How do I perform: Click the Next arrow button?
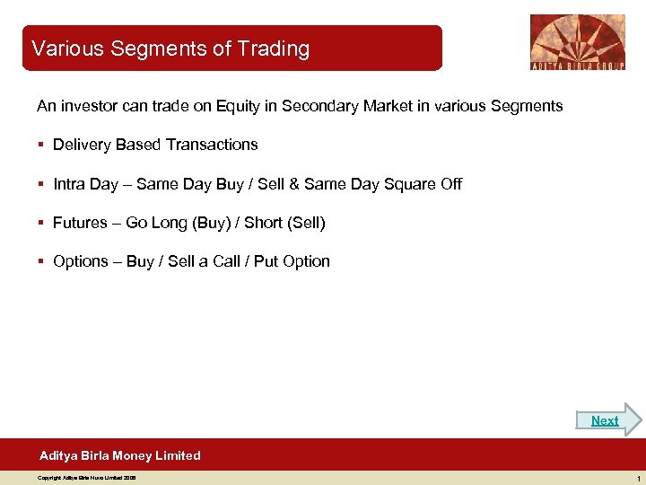(x=609, y=420)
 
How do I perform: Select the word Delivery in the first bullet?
(x=82, y=145)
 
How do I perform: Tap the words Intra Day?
(x=85, y=184)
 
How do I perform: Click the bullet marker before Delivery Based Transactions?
(x=41, y=145)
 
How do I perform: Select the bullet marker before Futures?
(x=41, y=223)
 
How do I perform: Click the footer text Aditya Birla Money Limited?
(x=120, y=455)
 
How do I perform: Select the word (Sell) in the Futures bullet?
(x=306, y=223)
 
